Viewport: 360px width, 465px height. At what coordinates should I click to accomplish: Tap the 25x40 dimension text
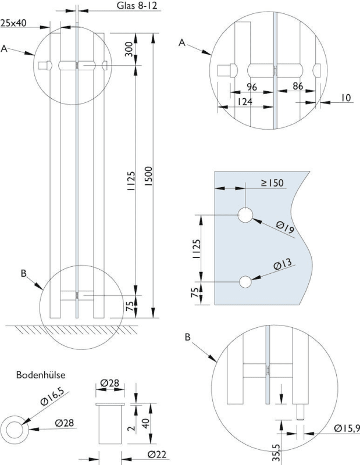pos(13,23)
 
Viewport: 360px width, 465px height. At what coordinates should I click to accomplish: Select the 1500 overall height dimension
pos(149,174)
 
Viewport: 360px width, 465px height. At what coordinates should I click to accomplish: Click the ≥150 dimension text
pos(271,183)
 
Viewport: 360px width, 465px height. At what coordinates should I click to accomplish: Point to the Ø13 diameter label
pos(283,264)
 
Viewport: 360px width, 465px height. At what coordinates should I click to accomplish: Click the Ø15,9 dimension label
pos(345,430)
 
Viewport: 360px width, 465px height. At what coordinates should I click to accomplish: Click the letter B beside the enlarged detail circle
pos(187,337)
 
